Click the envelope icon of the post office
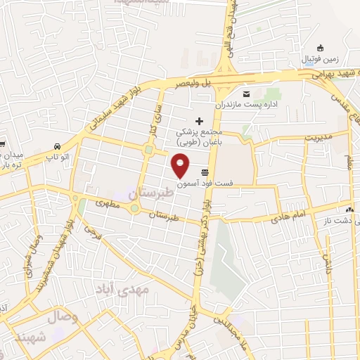246,94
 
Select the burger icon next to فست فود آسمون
205,172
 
